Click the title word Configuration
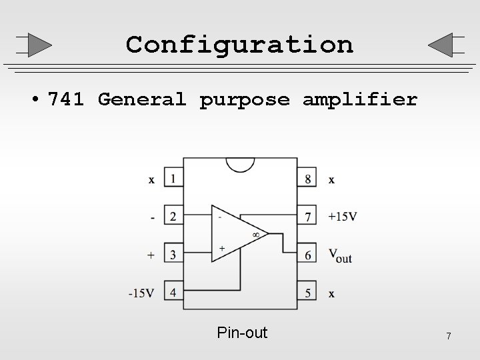(239, 45)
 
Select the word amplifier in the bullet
(360, 100)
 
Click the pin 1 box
(173, 179)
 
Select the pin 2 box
(173, 216)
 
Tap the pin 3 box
(173, 254)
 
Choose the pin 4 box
(173, 292)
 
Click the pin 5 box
(307, 292)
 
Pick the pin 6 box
(307, 254)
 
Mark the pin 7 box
(307, 216)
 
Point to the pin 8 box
(307, 179)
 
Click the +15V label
(343, 216)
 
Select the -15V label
(142, 293)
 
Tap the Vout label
(340, 255)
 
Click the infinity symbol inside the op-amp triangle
(255, 234)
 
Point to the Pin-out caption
(242, 333)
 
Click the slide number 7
(449, 336)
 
